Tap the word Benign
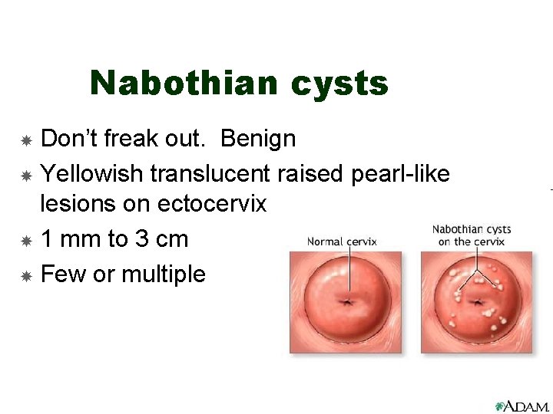pyautogui.click(x=258, y=139)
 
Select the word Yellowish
pyautogui.click(x=92, y=174)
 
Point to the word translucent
pyautogui.click(x=210, y=174)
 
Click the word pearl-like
pyautogui.click(x=400, y=174)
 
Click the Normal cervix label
pyautogui.click(x=342, y=242)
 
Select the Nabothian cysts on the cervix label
pyautogui.click(x=471, y=235)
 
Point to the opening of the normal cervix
pyautogui.click(x=349, y=302)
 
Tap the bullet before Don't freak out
pyautogui.click(x=25, y=141)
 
